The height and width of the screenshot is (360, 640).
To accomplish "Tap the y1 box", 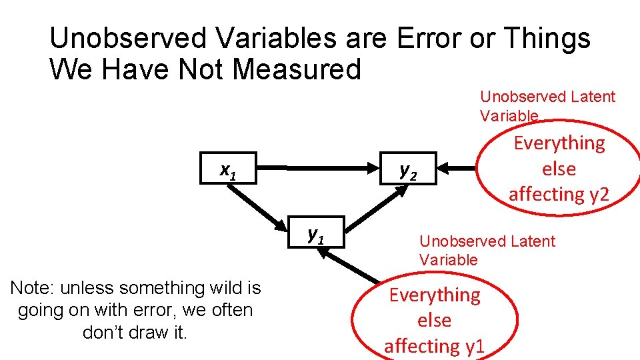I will click(x=317, y=233).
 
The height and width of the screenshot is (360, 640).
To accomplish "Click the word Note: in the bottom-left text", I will click(x=33, y=288).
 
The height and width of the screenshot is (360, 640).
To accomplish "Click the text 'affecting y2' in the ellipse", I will click(x=559, y=194).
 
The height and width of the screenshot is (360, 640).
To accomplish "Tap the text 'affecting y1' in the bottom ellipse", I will click(x=434, y=346).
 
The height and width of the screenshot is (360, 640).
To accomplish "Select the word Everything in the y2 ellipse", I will click(x=559, y=143).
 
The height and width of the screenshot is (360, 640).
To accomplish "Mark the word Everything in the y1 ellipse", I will click(x=434, y=295).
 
